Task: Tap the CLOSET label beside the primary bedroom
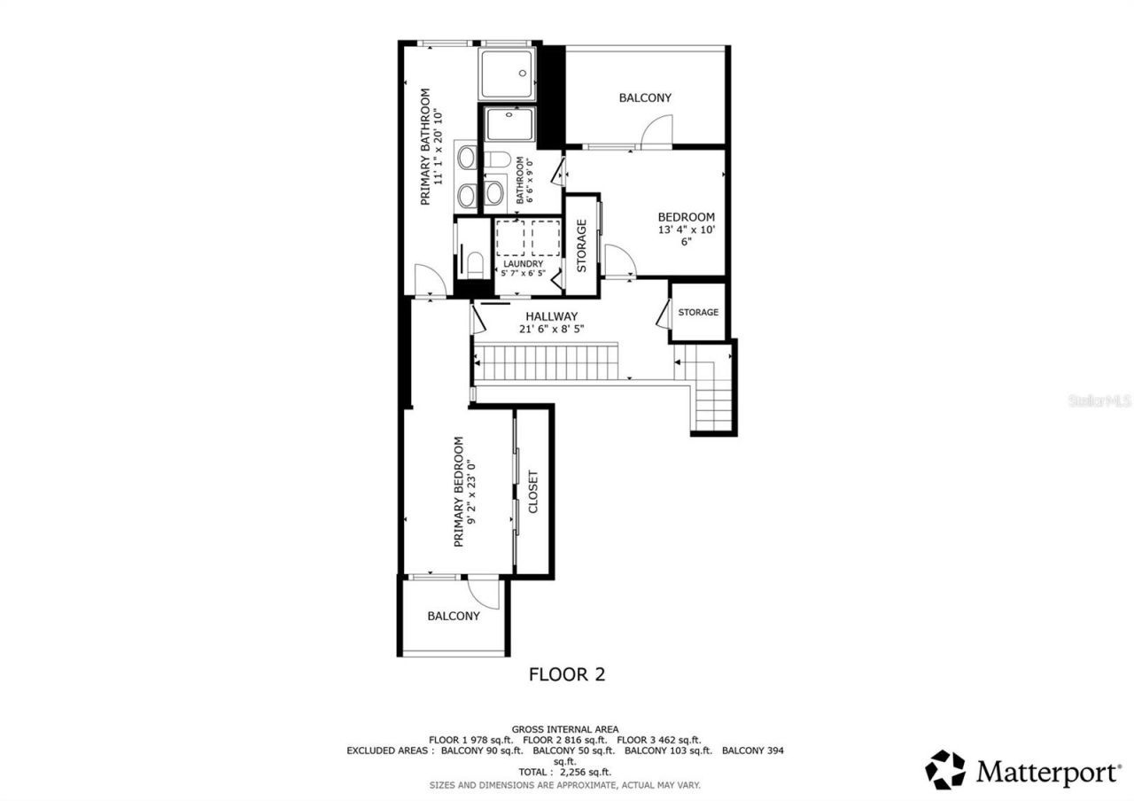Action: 533,492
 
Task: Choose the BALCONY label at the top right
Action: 645,97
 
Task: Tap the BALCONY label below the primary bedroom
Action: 453,616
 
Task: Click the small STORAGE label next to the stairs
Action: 698,312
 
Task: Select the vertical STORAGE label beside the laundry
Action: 582,245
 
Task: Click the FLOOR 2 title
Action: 567,674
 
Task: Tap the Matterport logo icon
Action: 945,770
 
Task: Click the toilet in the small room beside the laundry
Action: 475,263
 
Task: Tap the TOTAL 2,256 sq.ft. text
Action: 565,772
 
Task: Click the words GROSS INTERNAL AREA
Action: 565,728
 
